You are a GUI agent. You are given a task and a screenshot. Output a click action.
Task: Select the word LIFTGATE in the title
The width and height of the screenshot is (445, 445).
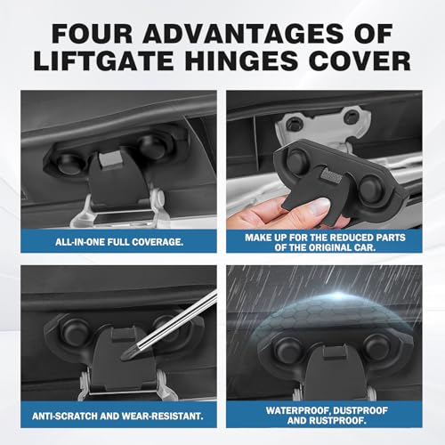(x=103, y=61)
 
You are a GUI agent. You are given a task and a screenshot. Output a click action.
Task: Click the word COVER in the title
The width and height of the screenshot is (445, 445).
(x=360, y=61)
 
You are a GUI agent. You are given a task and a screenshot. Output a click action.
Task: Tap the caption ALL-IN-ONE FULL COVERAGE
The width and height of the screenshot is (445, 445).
(x=119, y=242)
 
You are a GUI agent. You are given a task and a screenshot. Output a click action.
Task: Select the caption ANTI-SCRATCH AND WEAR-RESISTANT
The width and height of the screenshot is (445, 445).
(x=117, y=416)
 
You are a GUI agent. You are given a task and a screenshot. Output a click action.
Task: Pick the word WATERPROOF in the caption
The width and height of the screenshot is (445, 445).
(x=298, y=410)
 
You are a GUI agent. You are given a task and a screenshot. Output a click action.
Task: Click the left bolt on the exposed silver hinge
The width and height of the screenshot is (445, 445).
(x=294, y=123)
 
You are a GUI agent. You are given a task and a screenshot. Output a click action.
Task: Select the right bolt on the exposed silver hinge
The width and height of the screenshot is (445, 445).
(x=352, y=117)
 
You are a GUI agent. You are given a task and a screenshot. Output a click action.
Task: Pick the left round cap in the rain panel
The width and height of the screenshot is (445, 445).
(x=288, y=350)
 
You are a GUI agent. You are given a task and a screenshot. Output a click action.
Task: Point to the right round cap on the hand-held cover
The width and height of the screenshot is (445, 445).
(x=370, y=188)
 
